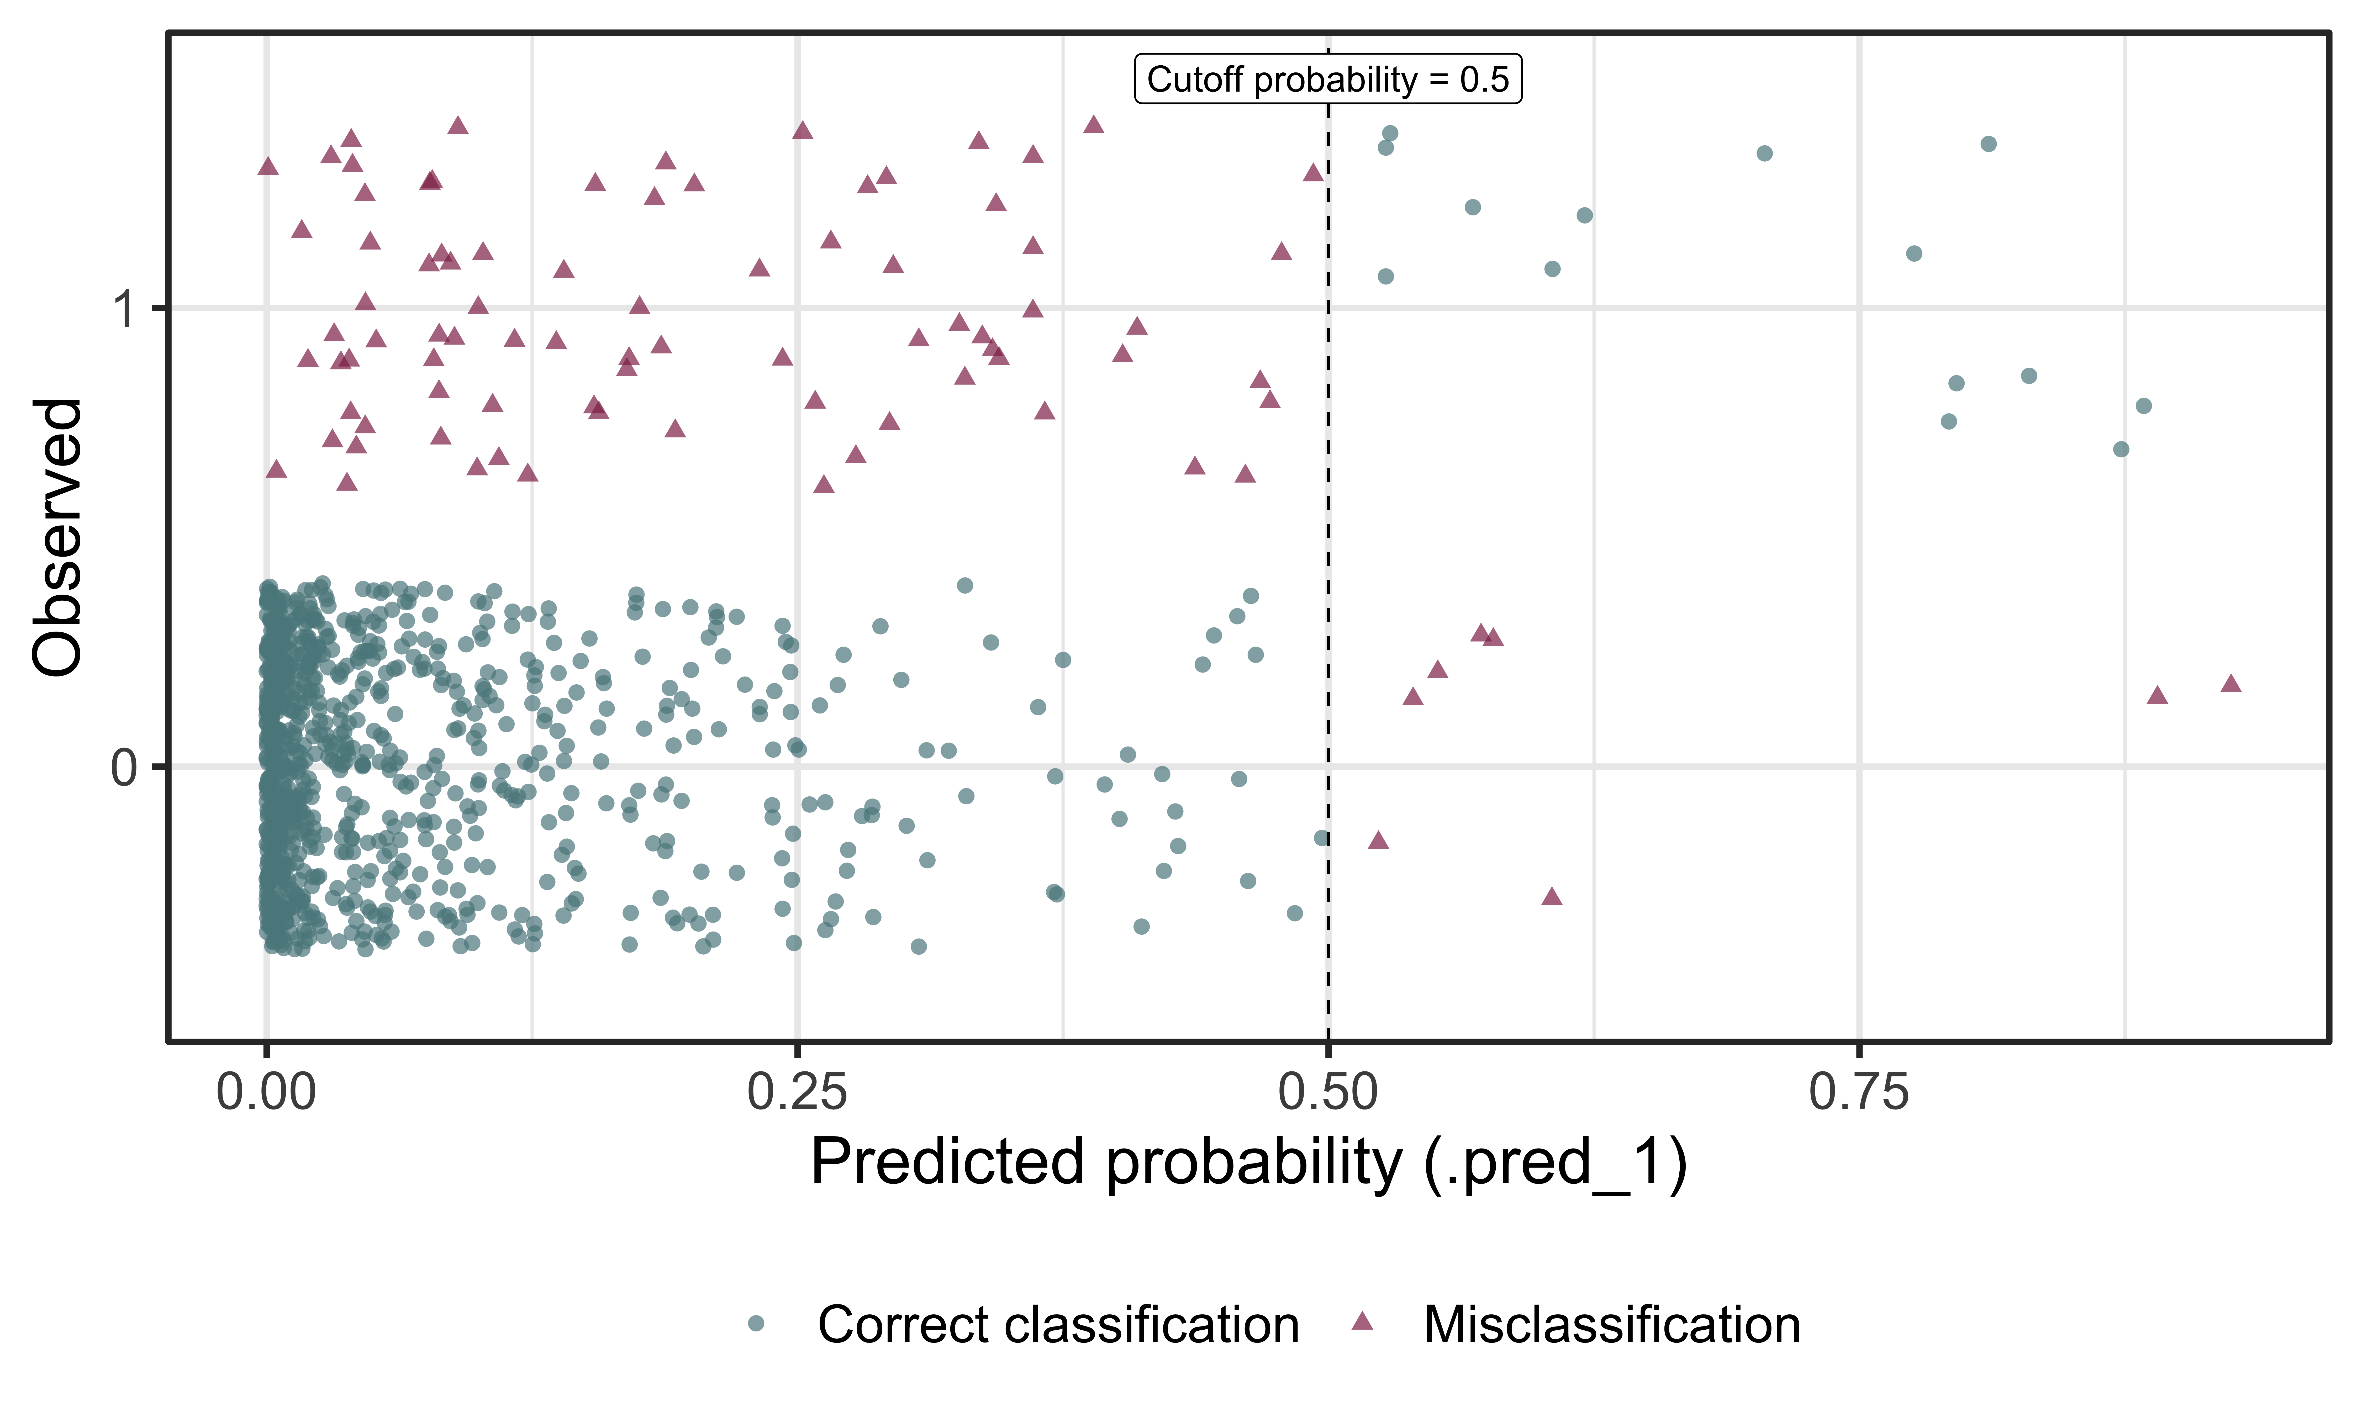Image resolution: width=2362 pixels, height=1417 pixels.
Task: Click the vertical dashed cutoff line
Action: pos(1328,573)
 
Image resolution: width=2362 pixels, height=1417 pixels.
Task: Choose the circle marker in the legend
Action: pos(756,1323)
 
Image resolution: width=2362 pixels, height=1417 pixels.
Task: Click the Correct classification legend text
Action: pos(1058,1325)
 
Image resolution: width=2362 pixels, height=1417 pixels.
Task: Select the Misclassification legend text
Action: pos(1612,1325)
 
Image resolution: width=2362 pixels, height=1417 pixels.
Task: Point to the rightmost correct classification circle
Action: pos(2143,406)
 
